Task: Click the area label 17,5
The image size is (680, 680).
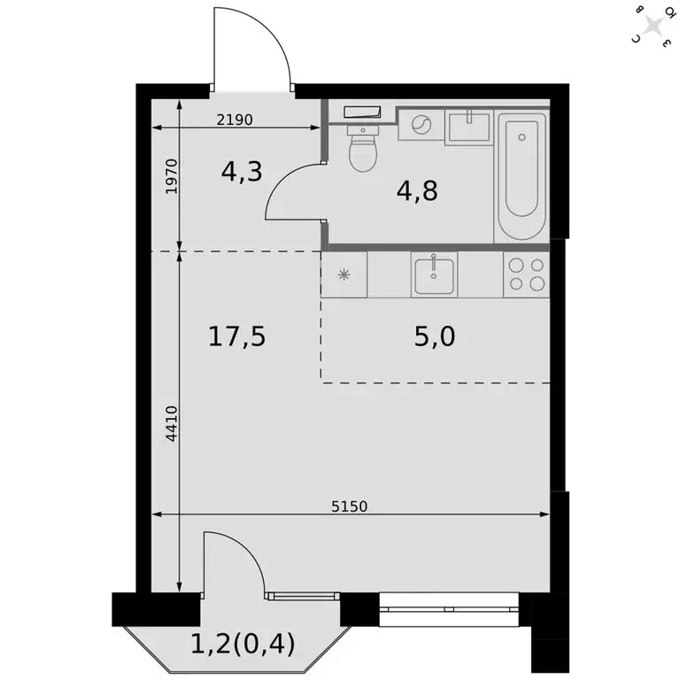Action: click(x=236, y=336)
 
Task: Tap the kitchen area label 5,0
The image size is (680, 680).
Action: click(x=435, y=336)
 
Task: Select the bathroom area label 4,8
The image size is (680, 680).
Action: click(x=418, y=190)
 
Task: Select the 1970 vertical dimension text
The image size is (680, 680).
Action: click(x=172, y=177)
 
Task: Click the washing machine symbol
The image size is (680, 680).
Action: click(x=420, y=125)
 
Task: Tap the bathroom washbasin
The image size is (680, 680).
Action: click(x=468, y=126)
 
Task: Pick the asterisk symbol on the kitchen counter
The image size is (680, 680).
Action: click(x=344, y=274)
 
